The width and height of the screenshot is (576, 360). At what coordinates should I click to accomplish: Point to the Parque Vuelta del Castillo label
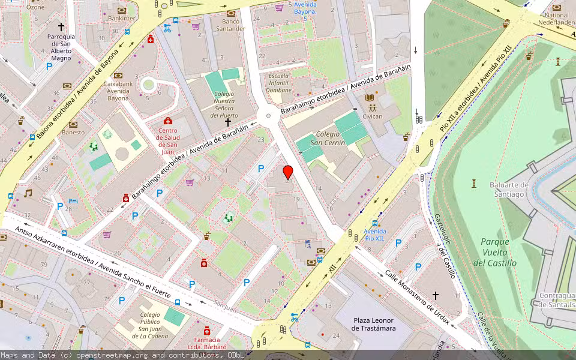click(x=494, y=252)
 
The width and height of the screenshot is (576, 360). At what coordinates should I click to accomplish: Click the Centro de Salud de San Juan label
click(x=167, y=141)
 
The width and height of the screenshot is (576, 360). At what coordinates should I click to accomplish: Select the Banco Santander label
click(x=230, y=25)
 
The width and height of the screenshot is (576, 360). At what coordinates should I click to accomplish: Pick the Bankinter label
click(x=121, y=19)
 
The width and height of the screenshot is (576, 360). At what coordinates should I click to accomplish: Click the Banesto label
click(x=73, y=132)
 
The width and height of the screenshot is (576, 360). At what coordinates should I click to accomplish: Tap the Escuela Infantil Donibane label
click(x=280, y=83)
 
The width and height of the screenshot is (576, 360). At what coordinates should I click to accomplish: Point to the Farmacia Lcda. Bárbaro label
click(x=206, y=343)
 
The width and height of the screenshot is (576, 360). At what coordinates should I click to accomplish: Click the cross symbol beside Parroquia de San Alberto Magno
click(x=61, y=27)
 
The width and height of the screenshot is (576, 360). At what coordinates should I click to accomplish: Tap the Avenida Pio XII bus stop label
click(x=374, y=235)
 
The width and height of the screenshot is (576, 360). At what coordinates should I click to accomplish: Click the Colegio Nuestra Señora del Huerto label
click(x=226, y=105)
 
